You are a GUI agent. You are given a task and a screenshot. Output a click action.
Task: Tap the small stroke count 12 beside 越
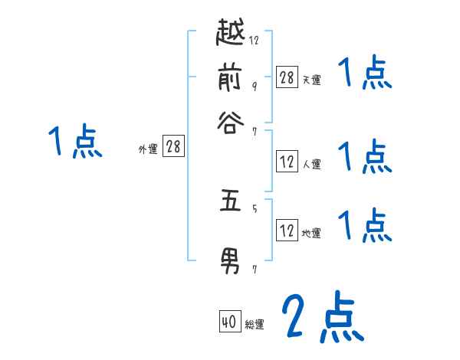[254, 41]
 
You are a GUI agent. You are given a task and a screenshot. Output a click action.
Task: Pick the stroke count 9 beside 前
[254, 86]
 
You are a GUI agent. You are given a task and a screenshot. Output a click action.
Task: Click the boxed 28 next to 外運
[173, 146]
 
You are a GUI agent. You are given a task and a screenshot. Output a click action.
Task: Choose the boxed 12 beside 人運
[287, 162]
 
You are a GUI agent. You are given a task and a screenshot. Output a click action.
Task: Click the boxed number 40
[228, 322]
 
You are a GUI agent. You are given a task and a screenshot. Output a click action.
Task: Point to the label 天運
[311, 79]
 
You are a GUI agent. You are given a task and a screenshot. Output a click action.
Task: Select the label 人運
[311, 164]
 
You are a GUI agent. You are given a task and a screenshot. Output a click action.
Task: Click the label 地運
[311, 233]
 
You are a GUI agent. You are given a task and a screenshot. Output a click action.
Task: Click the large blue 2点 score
[321, 318]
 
